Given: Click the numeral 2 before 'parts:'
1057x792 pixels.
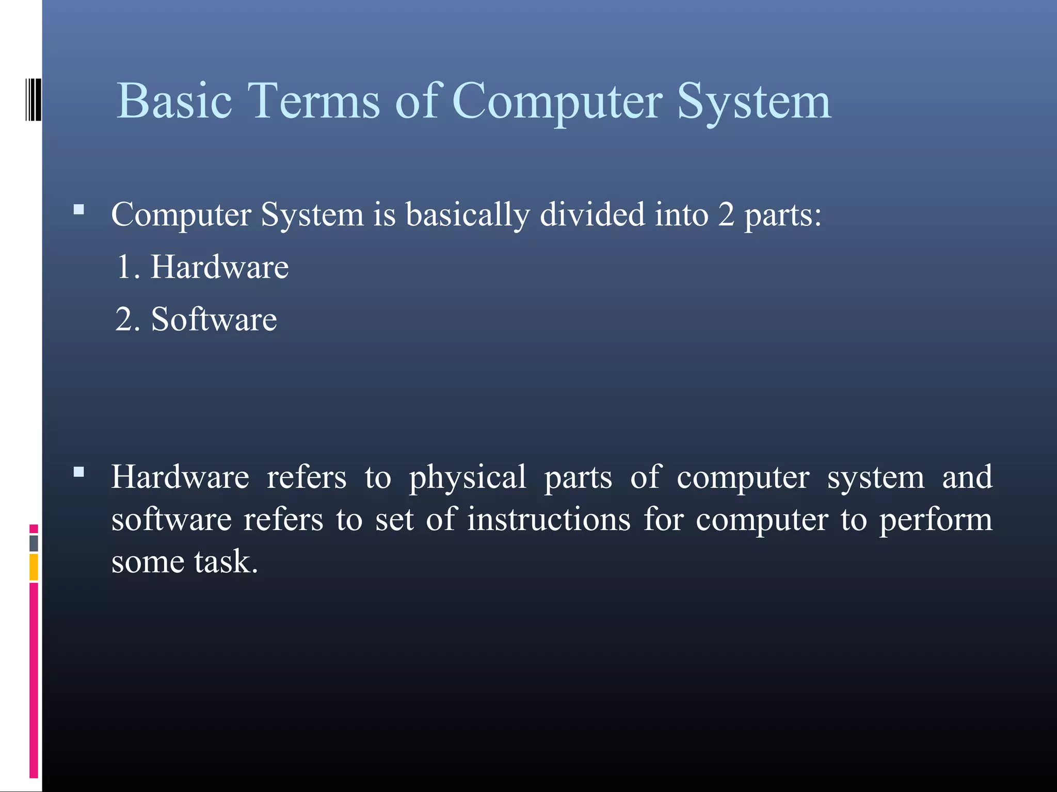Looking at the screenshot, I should pos(726,214).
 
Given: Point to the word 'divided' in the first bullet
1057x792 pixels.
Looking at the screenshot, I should pos(592,214).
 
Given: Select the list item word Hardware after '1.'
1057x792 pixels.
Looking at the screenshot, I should pos(219,267).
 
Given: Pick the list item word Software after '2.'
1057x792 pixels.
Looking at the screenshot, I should pos(214,319).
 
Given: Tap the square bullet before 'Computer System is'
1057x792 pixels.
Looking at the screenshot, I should pos(79,209).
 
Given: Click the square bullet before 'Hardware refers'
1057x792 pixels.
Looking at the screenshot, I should pos(79,472).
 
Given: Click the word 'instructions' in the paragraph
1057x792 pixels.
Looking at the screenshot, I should pos(549,519).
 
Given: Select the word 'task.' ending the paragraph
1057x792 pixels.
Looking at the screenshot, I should pos(226,562).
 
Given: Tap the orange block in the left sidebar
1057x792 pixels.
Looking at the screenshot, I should pos(34,567).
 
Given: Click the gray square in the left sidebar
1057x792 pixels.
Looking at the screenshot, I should pos(34,543).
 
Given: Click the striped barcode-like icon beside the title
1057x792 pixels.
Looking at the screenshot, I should pos(34,100).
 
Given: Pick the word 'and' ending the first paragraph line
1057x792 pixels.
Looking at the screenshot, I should pos(967,476).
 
